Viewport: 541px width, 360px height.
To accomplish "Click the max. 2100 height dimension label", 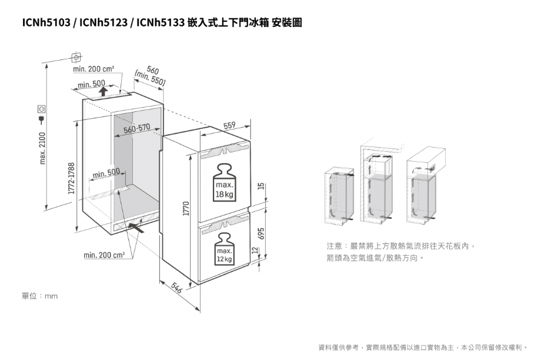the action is [42, 148].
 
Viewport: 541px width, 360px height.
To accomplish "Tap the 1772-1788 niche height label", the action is [71, 178].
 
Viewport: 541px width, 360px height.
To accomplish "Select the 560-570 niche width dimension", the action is [137, 129].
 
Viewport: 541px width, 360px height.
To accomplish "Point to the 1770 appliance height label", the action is [186, 208].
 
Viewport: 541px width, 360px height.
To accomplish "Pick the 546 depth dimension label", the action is [176, 288].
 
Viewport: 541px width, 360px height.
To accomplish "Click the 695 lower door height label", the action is [262, 234].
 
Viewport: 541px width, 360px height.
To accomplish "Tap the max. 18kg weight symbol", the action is [224, 182].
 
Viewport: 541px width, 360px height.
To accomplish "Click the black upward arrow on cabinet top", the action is [102, 91].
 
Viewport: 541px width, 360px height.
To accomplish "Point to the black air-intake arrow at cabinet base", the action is [136, 227].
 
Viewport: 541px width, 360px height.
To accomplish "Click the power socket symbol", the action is [41, 109].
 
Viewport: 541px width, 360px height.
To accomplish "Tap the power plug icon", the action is [41, 120].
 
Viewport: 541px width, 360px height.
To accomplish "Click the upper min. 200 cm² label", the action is [93, 69].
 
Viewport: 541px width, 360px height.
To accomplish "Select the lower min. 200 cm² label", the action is [104, 255].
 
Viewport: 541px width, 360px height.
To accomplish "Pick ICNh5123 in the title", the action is [103, 23].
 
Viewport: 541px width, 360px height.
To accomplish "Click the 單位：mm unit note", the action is [39, 296].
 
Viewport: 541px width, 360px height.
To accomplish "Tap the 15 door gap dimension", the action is [262, 186].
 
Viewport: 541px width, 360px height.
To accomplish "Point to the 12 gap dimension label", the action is [255, 250].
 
